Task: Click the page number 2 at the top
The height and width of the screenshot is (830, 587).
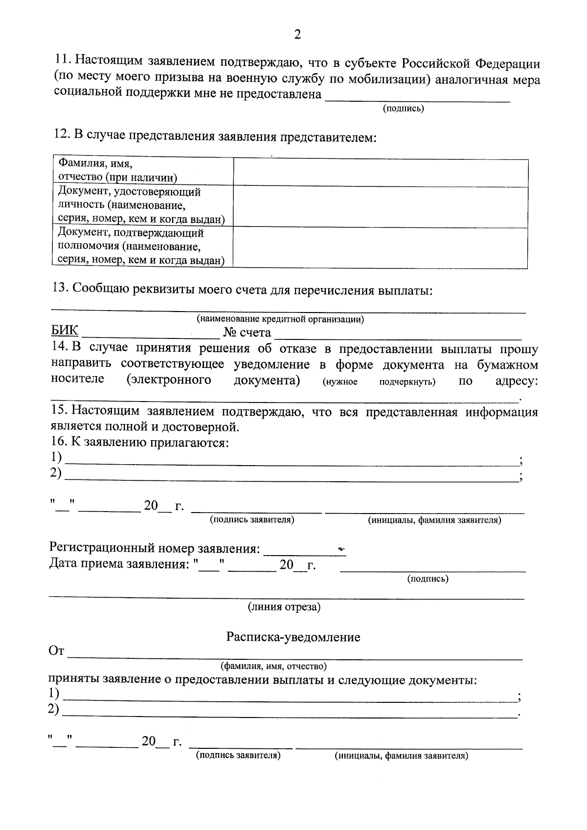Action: pos(297,34)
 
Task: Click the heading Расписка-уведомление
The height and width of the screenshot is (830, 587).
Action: pos(293,637)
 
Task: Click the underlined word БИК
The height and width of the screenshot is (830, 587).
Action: pos(65,332)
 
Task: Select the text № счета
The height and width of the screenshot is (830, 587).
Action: pos(247,333)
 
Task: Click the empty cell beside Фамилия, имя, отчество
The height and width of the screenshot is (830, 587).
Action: pos(380,172)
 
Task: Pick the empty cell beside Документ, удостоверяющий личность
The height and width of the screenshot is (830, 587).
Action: pos(380,205)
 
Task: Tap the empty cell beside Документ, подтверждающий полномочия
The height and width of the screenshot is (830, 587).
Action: pos(380,247)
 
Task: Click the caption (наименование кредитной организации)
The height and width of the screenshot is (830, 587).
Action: pos(280,319)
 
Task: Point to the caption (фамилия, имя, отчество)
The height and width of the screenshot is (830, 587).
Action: pos(273,666)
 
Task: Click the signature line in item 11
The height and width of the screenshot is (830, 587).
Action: pos(418,98)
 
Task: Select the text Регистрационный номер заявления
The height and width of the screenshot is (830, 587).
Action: pos(155,548)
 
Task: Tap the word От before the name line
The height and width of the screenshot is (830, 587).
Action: pos(56,651)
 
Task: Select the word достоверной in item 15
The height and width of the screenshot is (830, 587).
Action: pos(201,427)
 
